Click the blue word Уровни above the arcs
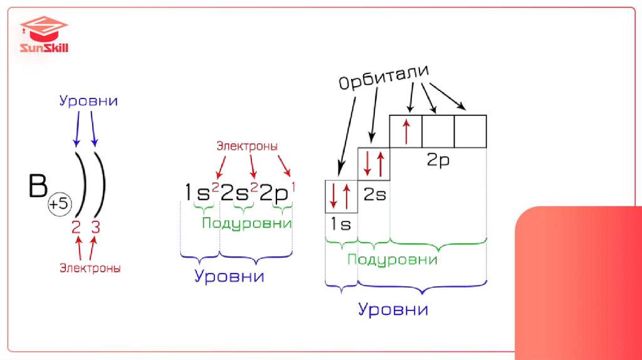(x=88, y=100)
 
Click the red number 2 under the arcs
(x=76, y=226)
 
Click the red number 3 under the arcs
(x=95, y=226)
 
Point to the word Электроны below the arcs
(x=90, y=268)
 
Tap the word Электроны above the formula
(x=247, y=146)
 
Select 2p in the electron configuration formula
(x=274, y=193)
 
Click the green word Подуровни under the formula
(x=246, y=224)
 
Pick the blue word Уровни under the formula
(x=229, y=277)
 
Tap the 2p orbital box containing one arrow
(x=406, y=131)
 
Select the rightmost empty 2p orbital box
(x=470, y=131)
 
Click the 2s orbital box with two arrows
(x=373, y=163)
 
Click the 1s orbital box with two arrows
(x=340, y=196)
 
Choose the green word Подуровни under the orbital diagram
(x=392, y=260)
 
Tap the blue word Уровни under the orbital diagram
(x=393, y=309)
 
